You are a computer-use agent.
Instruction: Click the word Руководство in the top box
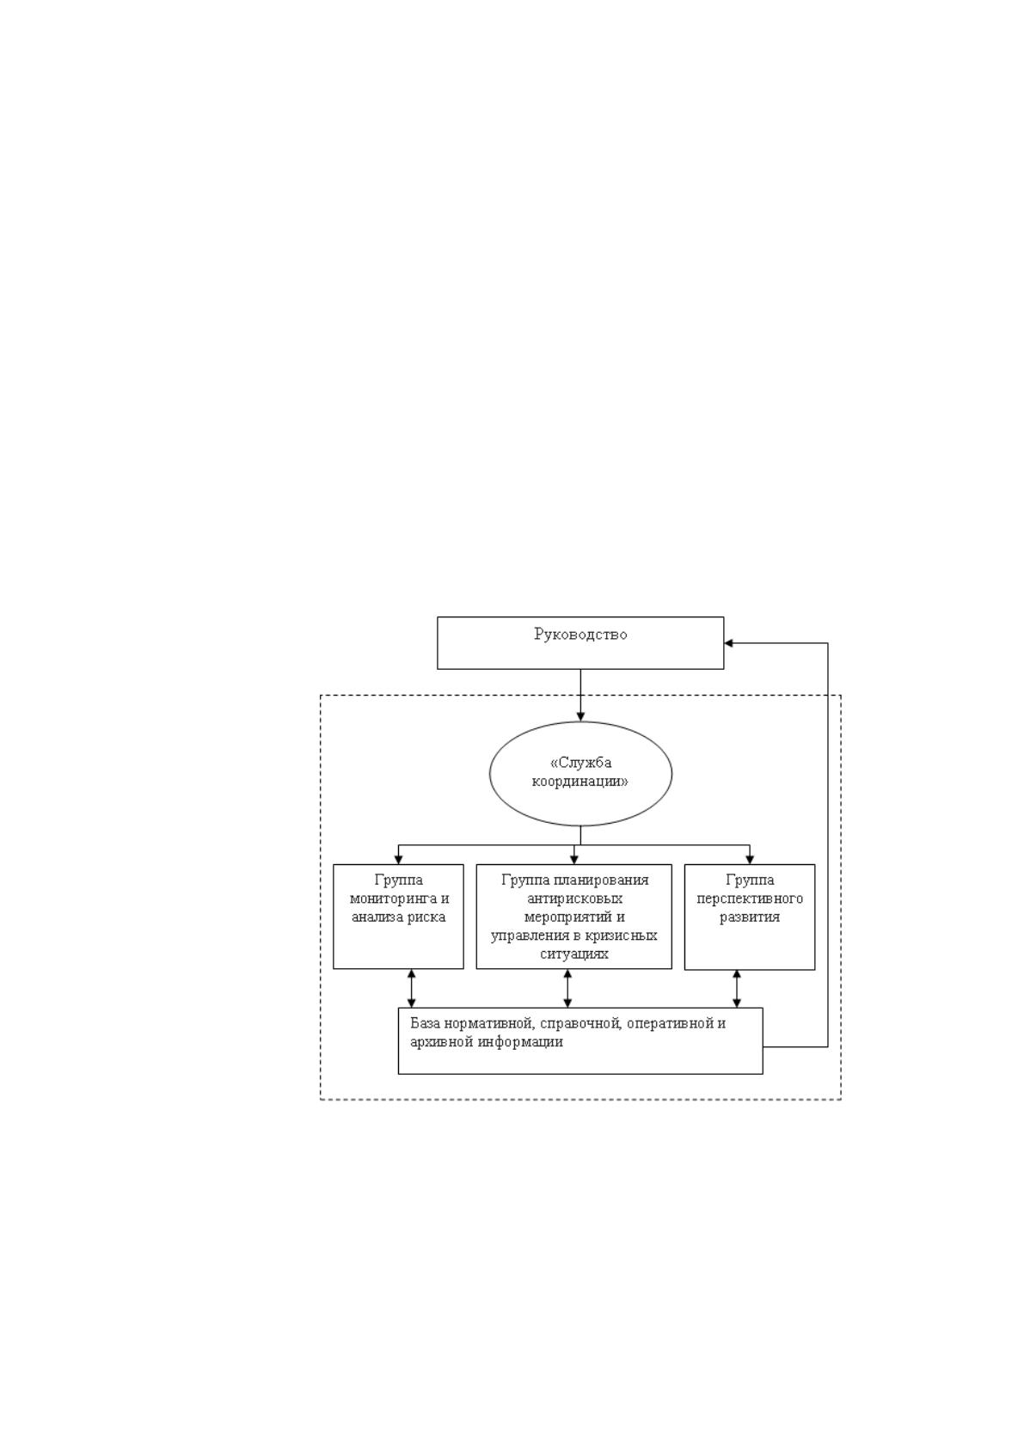(x=579, y=635)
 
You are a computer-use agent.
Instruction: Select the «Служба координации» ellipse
(x=580, y=722)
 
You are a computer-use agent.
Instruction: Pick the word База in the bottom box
(x=426, y=1023)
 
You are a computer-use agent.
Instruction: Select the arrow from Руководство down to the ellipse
(x=580, y=695)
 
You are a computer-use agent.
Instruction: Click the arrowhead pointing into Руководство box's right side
(x=728, y=642)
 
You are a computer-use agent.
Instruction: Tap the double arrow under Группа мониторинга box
(x=411, y=988)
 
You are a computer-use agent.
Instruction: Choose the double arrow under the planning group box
(x=567, y=988)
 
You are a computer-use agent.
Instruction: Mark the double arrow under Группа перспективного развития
(x=736, y=989)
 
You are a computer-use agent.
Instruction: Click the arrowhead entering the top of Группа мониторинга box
(x=398, y=860)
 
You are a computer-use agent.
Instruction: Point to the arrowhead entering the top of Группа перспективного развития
(x=750, y=860)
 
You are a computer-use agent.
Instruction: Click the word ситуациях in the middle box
(x=574, y=954)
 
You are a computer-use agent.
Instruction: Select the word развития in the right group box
(x=750, y=917)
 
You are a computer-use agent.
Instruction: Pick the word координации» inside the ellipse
(x=580, y=782)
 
